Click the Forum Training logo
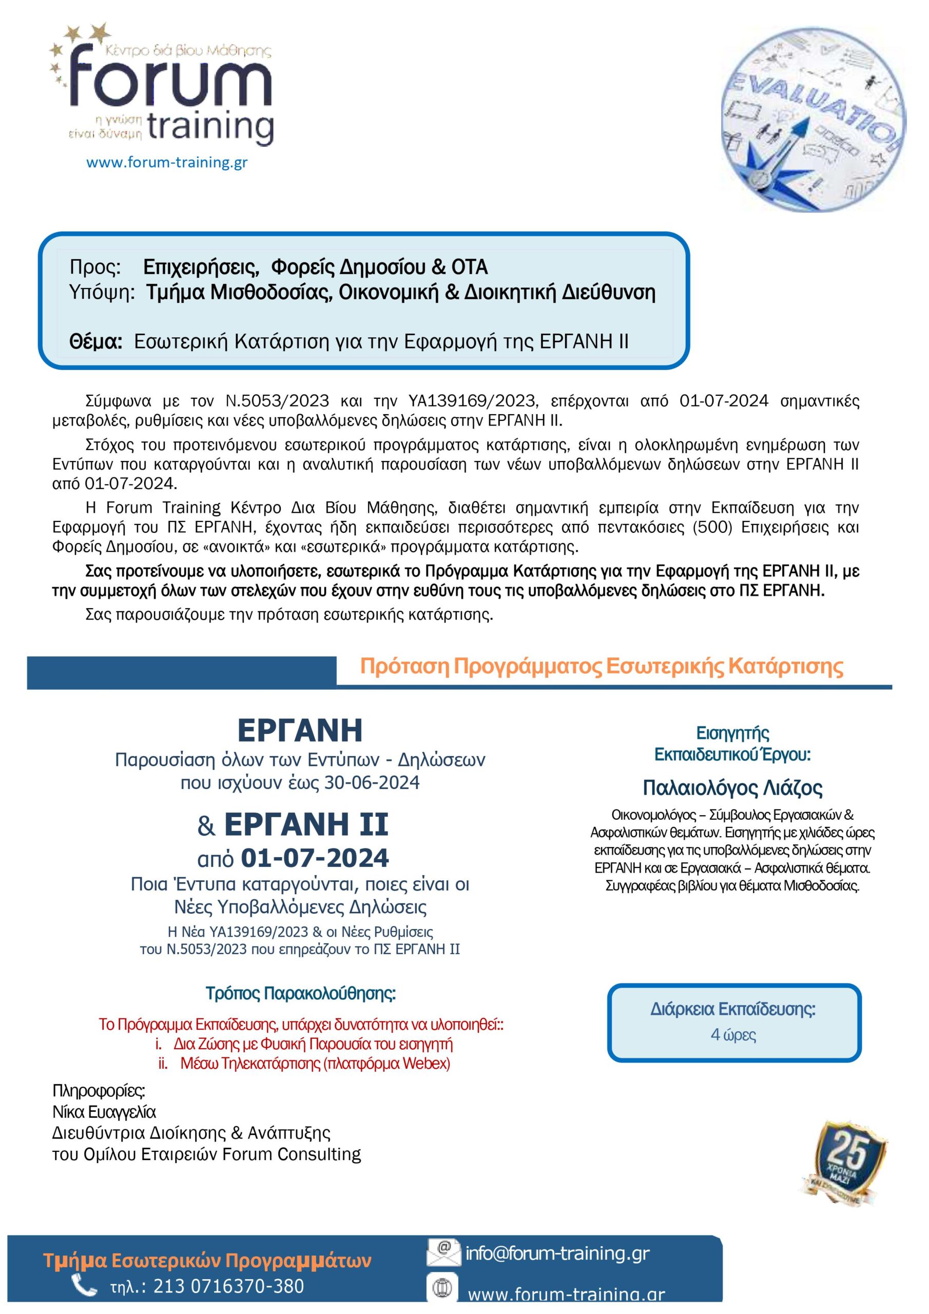[163, 86]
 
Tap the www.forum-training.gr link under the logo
[167, 163]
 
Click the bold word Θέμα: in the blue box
[95, 342]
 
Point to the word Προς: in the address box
[95, 267]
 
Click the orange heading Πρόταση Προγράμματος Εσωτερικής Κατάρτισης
[601, 666]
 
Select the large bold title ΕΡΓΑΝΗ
[300, 730]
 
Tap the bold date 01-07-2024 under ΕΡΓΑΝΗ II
[314, 857]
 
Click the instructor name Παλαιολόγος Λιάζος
[732, 788]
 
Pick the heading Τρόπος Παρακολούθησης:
[300, 993]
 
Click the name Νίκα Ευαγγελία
[104, 1112]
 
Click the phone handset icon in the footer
[84, 1286]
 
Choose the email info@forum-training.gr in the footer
[557, 1253]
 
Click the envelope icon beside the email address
[443, 1253]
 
